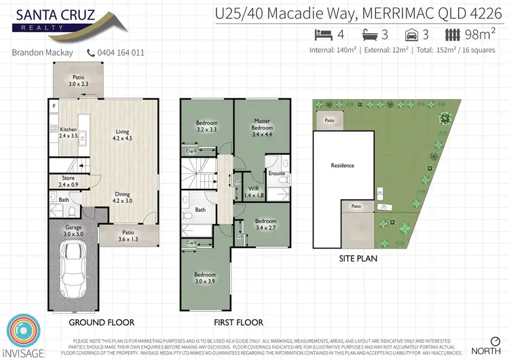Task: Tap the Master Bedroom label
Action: click(x=262, y=124)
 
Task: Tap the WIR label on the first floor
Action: click(x=254, y=191)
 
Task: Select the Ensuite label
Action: click(x=277, y=173)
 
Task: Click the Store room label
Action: click(x=69, y=181)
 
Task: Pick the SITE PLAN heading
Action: click(x=358, y=258)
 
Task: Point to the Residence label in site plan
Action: click(x=343, y=165)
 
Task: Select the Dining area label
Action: click(x=123, y=197)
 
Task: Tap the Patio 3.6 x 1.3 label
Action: click(x=128, y=235)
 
